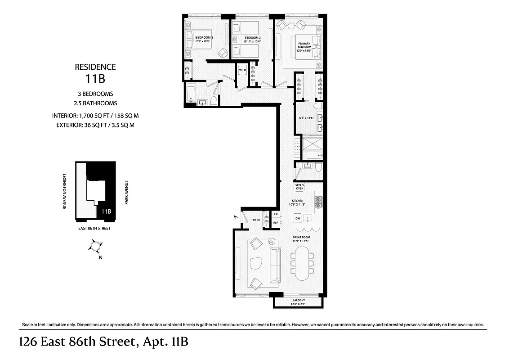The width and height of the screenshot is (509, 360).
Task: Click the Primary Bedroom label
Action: [304, 47]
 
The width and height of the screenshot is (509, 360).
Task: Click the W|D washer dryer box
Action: [242, 70]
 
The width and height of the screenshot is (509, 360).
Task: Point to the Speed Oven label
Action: [300, 187]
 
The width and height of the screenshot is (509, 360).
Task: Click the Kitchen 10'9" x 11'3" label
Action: [298, 202]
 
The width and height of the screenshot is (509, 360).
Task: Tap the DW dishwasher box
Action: [298, 218]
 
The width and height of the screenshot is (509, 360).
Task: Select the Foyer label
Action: [256, 220]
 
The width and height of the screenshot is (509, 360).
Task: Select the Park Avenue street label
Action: [127, 193]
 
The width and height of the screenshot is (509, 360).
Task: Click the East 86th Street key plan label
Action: [95, 228]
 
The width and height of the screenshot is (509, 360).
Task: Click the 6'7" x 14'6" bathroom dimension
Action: [306, 119]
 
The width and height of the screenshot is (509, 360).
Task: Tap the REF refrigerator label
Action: [276, 222]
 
